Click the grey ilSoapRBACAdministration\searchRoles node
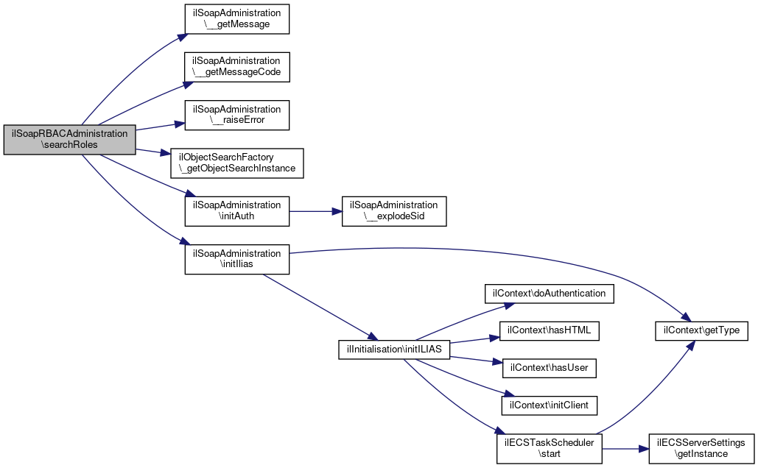pyautogui.click(x=69, y=140)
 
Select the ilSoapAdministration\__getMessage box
pyautogui.click(x=237, y=19)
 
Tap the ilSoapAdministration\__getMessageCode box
pyautogui.click(x=237, y=67)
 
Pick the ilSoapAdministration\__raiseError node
pyautogui.click(x=237, y=115)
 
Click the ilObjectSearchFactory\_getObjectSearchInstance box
pyautogui.click(x=237, y=163)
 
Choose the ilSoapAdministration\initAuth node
pyautogui.click(x=237, y=211)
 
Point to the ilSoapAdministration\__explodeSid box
pyautogui.click(x=394, y=211)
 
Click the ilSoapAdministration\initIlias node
pyautogui.click(x=237, y=259)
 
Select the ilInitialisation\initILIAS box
pyautogui.click(x=394, y=350)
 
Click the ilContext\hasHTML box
pyautogui.click(x=550, y=331)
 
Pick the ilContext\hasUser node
pyautogui.click(x=550, y=368)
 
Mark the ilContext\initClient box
pyautogui.click(x=550, y=405)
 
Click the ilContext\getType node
pyautogui.click(x=701, y=331)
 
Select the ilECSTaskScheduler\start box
pyautogui.click(x=550, y=449)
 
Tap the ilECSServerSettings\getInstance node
pyautogui.click(x=701, y=449)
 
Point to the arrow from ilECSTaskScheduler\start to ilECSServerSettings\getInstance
pyautogui.click(x=625, y=449)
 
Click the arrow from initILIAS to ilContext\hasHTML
pyautogui.click(x=474, y=340)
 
